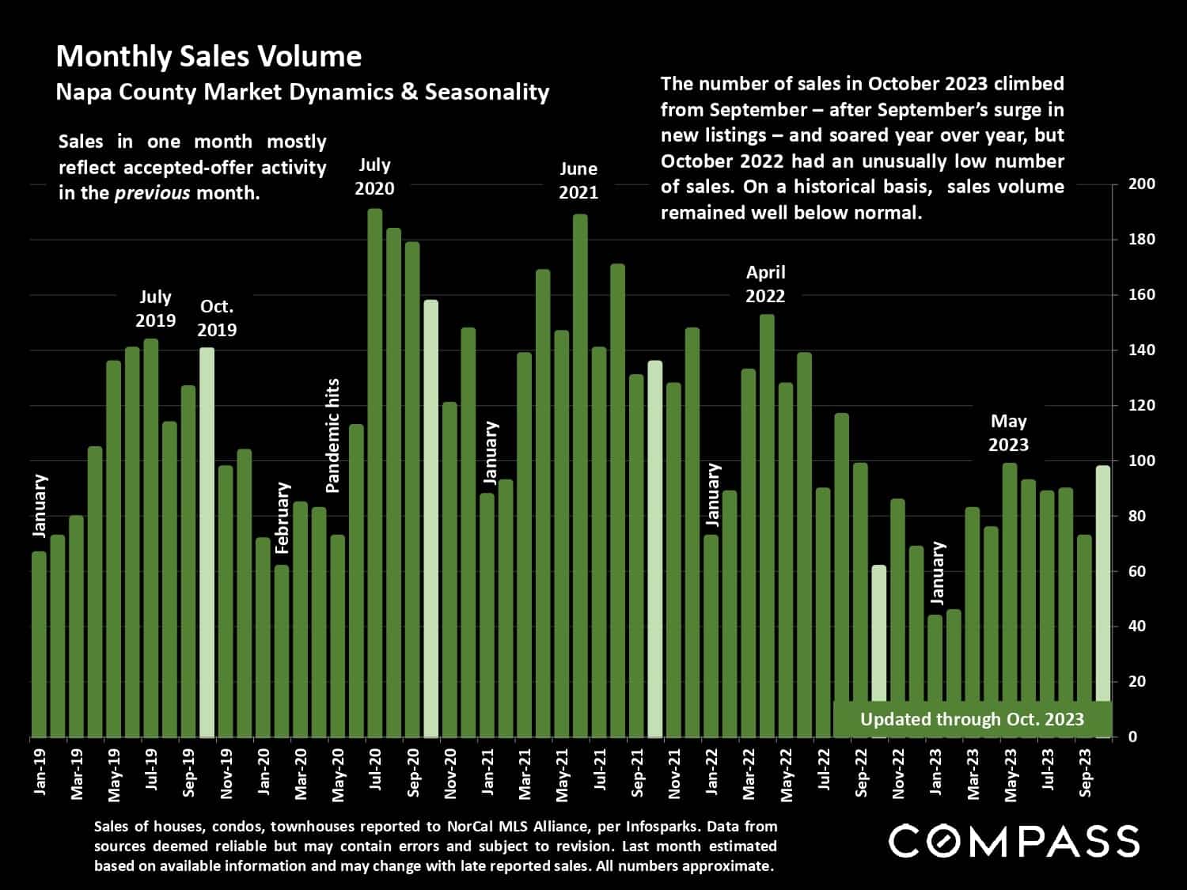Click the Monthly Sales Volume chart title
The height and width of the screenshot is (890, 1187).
point(209,56)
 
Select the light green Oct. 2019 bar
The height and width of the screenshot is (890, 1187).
point(207,542)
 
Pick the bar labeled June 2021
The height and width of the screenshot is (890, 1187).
point(580,475)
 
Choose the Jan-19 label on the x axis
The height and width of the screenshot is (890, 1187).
point(40,771)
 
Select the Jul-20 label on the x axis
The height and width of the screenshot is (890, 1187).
point(376,771)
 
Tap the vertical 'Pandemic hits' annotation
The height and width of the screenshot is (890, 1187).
point(333,435)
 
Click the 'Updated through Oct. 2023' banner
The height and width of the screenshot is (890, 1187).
point(972,719)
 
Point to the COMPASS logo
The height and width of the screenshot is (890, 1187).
point(1014,841)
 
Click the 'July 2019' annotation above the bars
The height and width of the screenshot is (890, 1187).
point(155,309)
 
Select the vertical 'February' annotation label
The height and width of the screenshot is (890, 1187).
point(283,518)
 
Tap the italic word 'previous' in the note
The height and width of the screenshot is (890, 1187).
point(153,193)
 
